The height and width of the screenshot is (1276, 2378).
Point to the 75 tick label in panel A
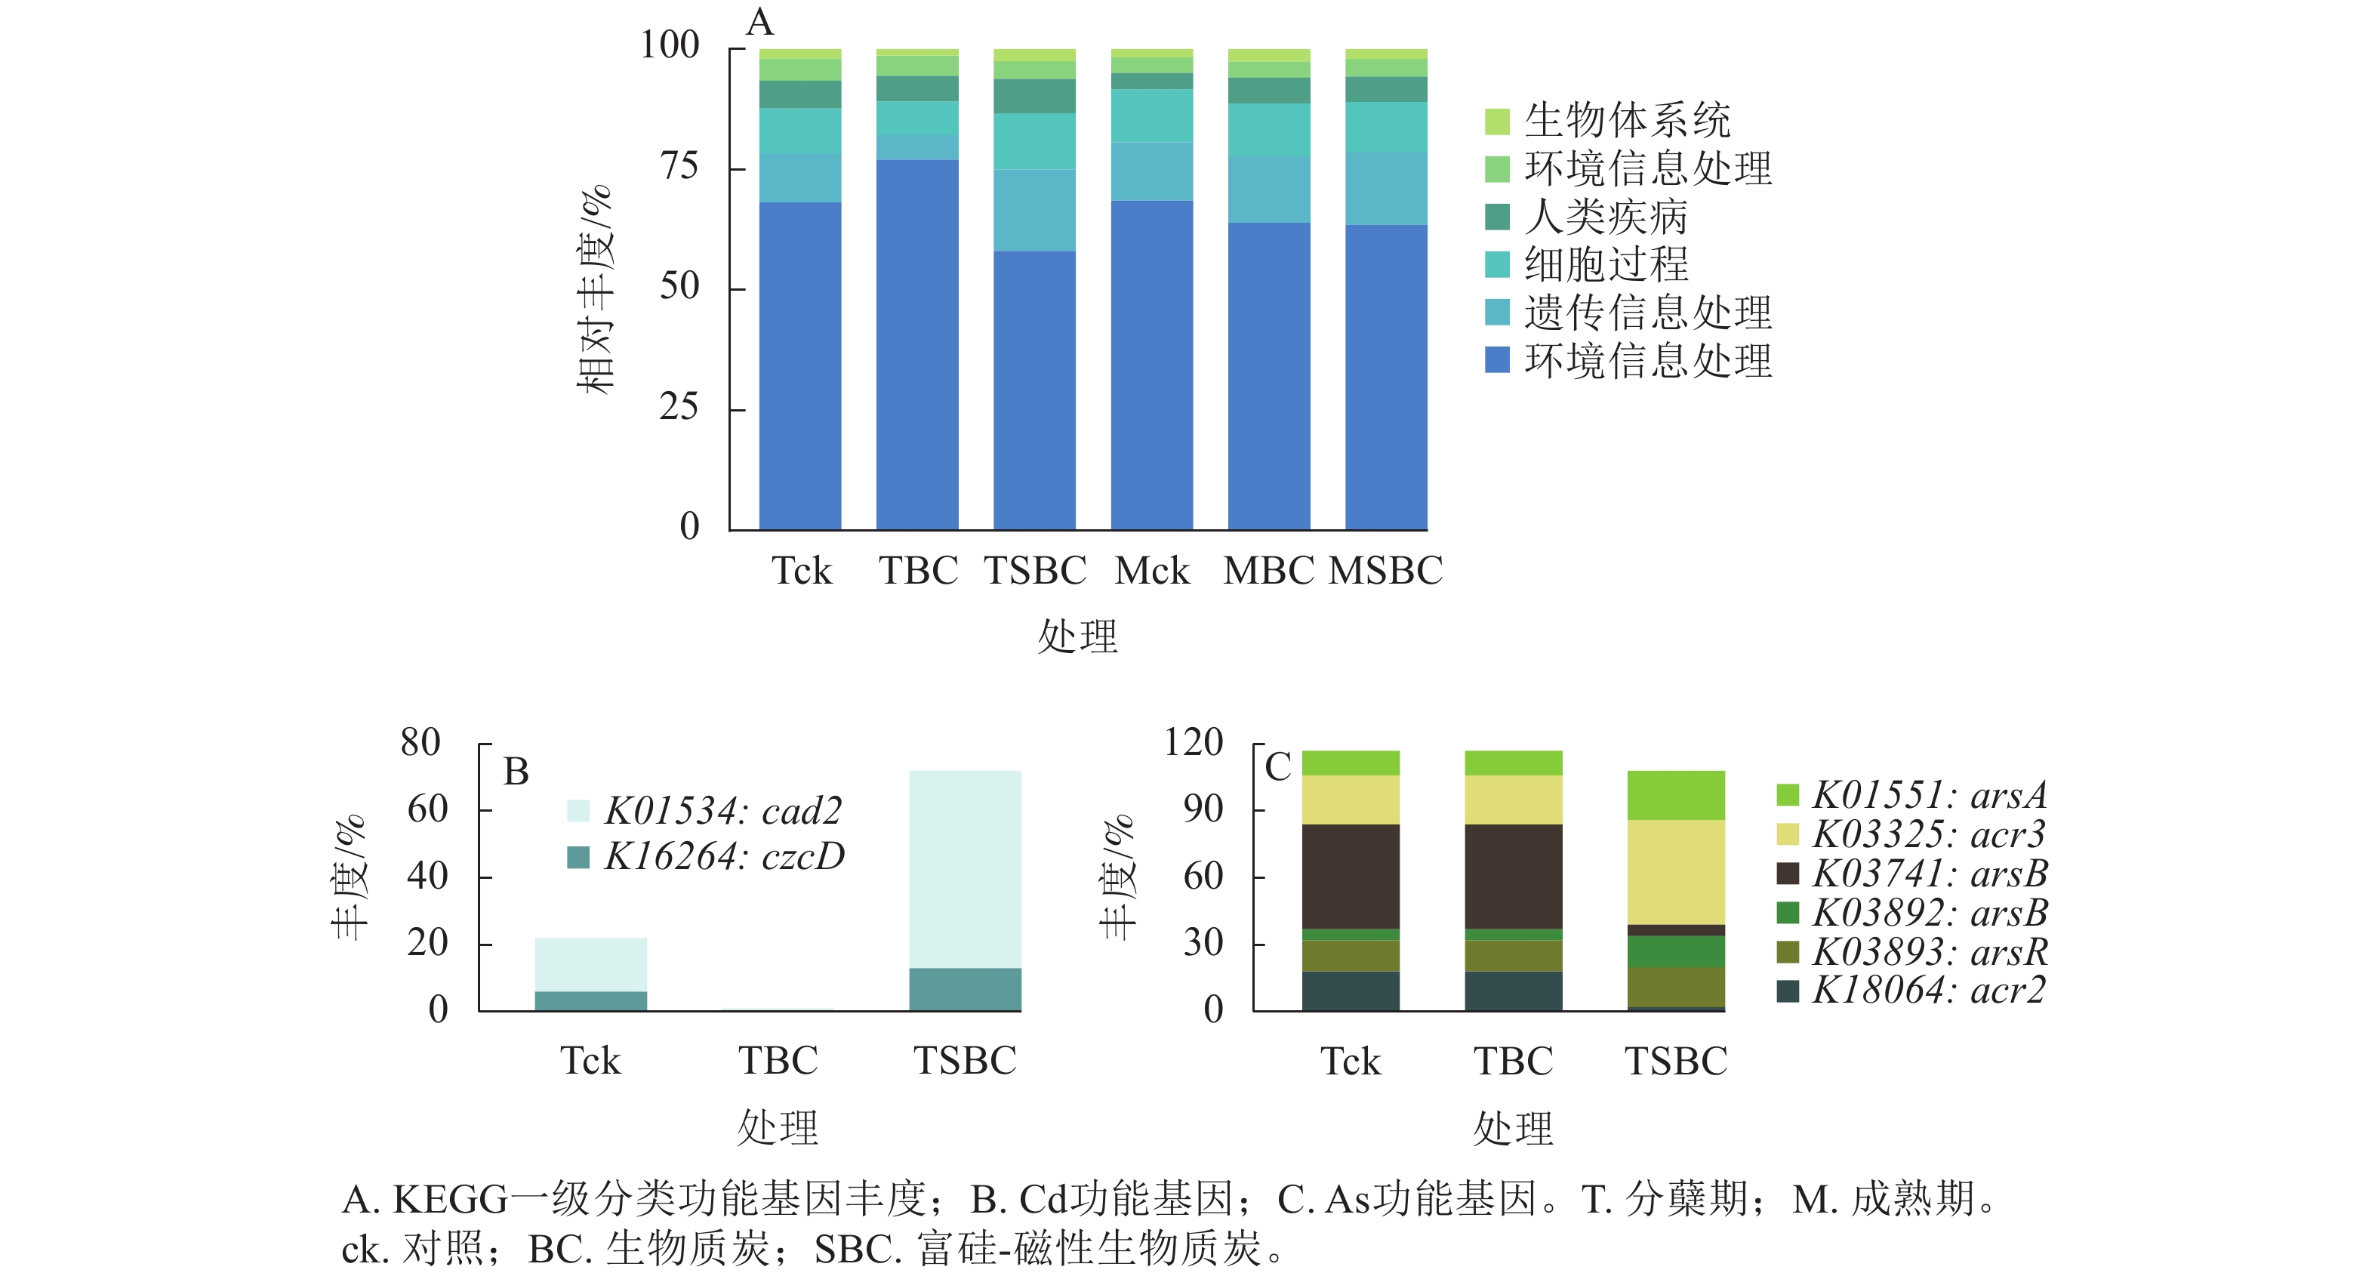(x=679, y=166)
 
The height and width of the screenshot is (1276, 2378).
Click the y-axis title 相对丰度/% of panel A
(x=595, y=289)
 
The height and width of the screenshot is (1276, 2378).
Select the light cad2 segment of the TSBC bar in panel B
(x=965, y=868)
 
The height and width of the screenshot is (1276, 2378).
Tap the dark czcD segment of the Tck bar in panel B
(x=591, y=1001)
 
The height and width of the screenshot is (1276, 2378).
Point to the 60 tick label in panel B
(x=427, y=809)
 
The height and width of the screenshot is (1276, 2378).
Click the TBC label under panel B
(x=778, y=1061)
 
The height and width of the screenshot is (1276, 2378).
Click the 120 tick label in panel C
(x=1193, y=742)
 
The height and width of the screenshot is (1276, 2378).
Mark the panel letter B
(x=516, y=772)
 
